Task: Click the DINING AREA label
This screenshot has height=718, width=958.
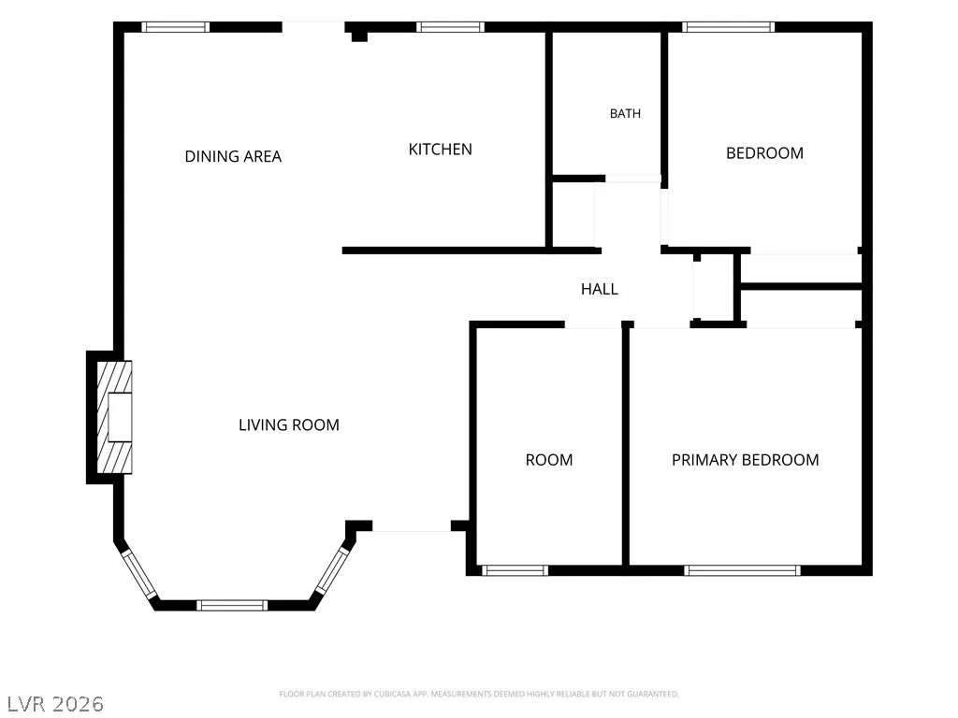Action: (233, 156)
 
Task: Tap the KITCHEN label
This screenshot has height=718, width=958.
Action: (440, 149)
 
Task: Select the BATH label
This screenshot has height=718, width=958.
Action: (625, 113)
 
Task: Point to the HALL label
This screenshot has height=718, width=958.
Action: (600, 289)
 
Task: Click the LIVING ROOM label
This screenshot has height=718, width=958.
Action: (289, 425)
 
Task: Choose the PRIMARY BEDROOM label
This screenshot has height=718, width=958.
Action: (746, 460)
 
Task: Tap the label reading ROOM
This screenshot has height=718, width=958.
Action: (549, 460)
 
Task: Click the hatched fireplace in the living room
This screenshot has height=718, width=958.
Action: (115, 417)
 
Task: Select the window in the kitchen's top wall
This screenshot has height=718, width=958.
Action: (450, 27)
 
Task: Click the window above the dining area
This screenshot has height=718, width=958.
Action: (175, 27)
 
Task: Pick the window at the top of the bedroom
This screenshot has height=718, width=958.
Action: (728, 27)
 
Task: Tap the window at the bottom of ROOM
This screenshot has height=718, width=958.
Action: (515, 570)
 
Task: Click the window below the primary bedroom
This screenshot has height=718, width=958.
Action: (742, 570)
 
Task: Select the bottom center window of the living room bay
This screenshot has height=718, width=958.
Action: (232, 605)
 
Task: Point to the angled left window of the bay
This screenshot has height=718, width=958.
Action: (139, 574)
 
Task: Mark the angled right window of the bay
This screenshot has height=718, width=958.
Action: (332, 570)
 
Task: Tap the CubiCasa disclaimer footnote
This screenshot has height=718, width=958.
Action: (479, 695)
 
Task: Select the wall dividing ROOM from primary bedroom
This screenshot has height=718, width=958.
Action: (626, 446)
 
